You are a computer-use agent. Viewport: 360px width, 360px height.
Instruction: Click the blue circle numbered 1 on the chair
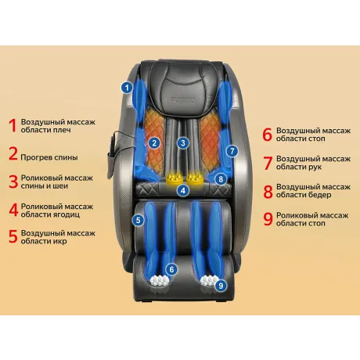click(x=127, y=88)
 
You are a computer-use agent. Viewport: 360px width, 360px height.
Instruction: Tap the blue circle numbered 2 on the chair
click(x=154, y=143)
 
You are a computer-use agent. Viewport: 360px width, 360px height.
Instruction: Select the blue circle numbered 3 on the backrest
click(x=183, y=142)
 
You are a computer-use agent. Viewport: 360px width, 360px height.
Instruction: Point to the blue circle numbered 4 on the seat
click(x=183, y=190)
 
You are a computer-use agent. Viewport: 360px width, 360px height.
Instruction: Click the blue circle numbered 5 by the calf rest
click(x=138, y=220)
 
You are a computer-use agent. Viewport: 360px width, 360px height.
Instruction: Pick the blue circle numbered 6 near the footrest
click(x=171, y=269)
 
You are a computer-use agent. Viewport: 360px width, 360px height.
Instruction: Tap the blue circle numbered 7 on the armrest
click(x=232, y=151)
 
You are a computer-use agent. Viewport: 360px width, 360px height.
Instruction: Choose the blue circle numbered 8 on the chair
click(x=221, y=179)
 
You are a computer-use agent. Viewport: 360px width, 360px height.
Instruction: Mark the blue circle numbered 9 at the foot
click(x=221, y=286)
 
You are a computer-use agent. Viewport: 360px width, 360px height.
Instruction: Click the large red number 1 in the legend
click(x=13, y=125)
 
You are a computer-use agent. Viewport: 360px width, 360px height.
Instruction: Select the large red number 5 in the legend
click(x=13, y=236)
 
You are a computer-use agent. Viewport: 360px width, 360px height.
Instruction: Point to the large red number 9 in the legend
click(x=268, y=219)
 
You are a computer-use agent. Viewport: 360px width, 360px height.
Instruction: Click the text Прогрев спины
click(x=49, y=157)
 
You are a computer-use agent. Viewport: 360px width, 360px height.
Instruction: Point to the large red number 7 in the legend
click(x=268, y=163)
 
